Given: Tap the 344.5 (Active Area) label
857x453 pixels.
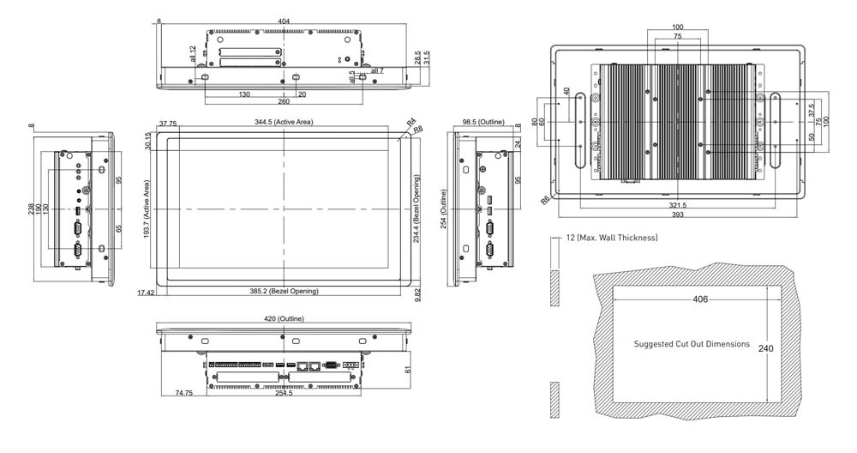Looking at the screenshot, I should click(284, 123).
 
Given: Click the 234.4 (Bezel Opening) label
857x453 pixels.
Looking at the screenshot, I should click(418, 208).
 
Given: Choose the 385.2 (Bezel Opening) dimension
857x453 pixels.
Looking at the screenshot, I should click(284, 292).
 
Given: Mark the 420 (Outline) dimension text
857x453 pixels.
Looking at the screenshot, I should click(284, 319).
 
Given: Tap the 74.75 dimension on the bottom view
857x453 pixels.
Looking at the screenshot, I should click(183, 393).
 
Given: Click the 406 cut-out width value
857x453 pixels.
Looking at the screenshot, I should click(699, 299).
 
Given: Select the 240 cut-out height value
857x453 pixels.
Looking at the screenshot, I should click(766, 349).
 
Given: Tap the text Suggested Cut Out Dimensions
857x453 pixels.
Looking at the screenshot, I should click(692, 344).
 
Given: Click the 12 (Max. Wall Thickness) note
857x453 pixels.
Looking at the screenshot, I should click(611, 237).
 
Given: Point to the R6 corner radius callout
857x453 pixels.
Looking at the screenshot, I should click(545, 199).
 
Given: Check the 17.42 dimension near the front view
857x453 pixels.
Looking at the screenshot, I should click(145, 293).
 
